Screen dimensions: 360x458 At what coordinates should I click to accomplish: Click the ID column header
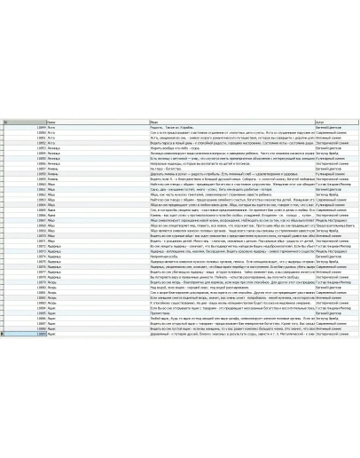coord(27,121)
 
